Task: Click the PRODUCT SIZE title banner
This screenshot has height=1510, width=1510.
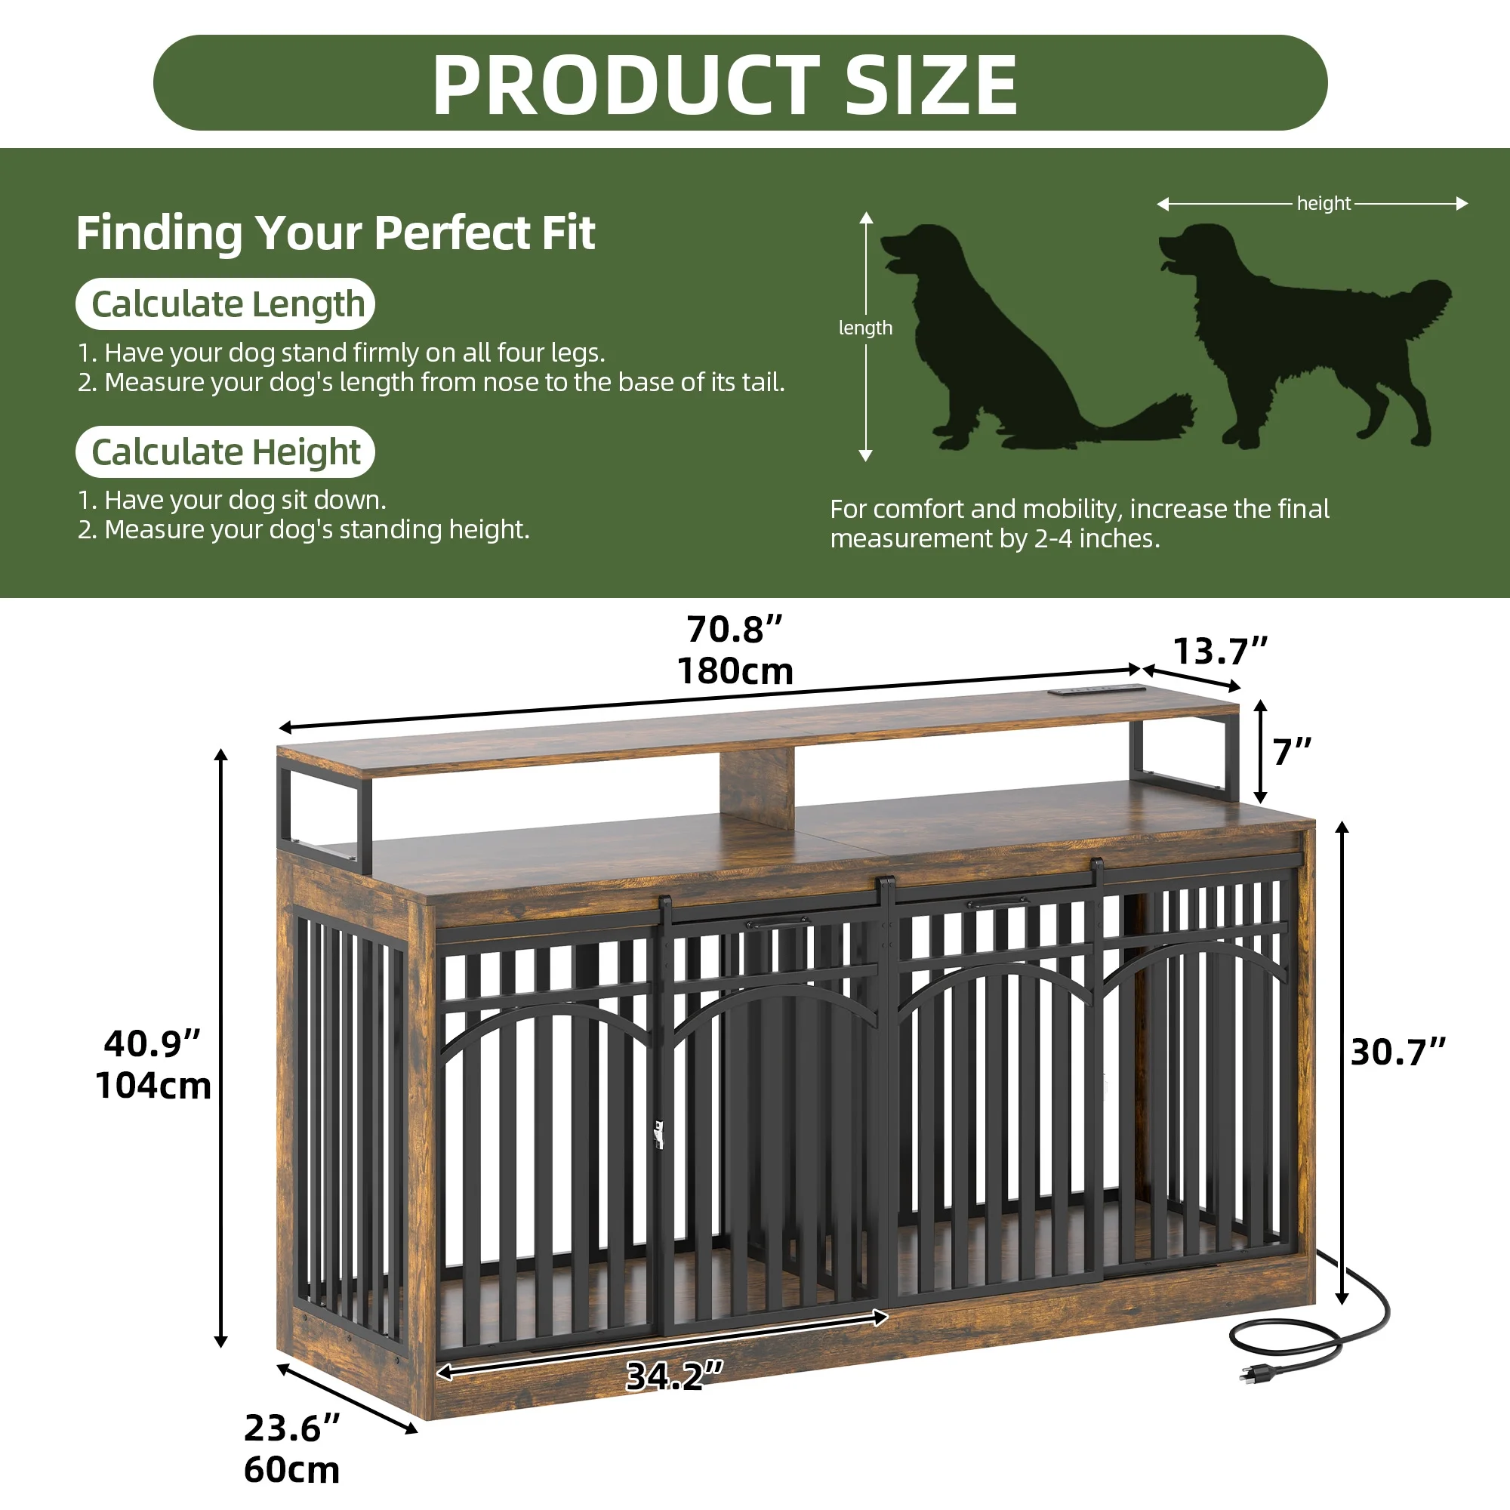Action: click(x=739, y=83)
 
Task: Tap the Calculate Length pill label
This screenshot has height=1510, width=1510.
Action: click(x=225, y=304)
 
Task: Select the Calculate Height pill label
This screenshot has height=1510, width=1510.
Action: click(x=225, y=451)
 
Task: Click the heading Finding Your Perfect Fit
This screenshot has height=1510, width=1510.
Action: click(x=335, y=233)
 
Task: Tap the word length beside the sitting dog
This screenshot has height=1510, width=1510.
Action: click(x=865, y=328)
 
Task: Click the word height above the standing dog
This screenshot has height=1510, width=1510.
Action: click(x=1324, y=203)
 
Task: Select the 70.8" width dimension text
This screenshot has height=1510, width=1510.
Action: click(x=735, y=630)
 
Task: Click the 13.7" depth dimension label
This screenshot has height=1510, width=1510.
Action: click(x=1220, y=651)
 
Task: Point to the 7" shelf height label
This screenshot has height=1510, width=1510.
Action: click(x=1292, y=752)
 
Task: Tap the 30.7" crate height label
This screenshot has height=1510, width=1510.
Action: click(x=1398, y=1052)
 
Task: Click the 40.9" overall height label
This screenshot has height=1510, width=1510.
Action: click(x=153, y=1044)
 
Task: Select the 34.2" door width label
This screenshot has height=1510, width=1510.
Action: click(x=674, y=1376)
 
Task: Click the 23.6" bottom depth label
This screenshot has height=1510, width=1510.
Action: click(x=291, y=1428)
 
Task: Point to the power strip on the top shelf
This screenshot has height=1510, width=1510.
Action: click(x=1096, y=690)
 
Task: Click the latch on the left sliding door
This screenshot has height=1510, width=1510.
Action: click(x=658, y=1134)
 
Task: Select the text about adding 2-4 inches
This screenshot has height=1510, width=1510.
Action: click(x=1079, y=524)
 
